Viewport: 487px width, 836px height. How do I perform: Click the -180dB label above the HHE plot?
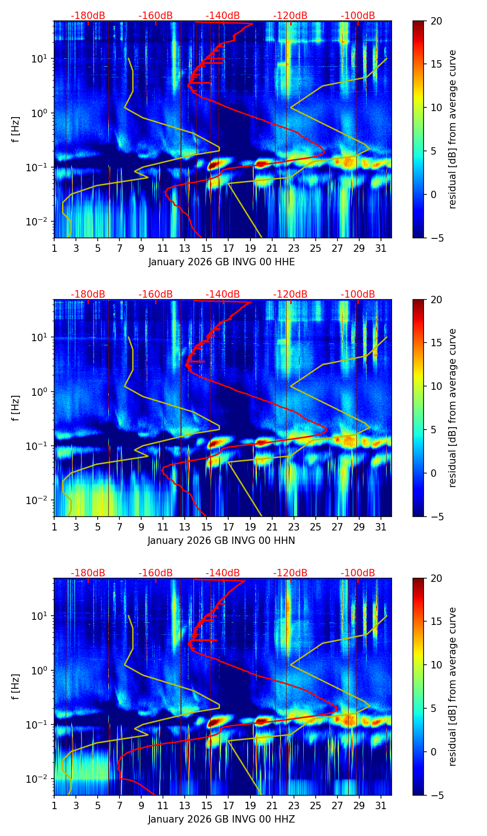[88, 16]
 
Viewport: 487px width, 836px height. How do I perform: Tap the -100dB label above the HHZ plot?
[358, 573]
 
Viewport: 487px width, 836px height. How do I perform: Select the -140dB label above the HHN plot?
[223, 294]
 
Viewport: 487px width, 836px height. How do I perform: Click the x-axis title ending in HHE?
[221, 262]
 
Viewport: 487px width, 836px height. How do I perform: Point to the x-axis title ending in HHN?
[221, 541]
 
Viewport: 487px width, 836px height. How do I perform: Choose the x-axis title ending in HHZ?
[221, 819]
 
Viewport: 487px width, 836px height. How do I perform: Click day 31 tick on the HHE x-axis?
[381, 248]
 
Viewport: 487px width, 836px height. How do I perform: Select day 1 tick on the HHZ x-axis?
[54, 805]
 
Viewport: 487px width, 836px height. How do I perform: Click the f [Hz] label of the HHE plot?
[16, 129]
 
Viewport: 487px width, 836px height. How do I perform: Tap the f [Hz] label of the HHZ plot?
[16, 686]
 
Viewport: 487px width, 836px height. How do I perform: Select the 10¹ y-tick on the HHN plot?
[43, 337]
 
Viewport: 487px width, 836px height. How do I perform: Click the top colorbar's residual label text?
[453, 129]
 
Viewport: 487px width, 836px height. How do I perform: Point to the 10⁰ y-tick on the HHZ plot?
[43, 670]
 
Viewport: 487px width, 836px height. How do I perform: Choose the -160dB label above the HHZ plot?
[156, 573]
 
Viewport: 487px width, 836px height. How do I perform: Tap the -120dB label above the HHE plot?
[290, 16]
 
